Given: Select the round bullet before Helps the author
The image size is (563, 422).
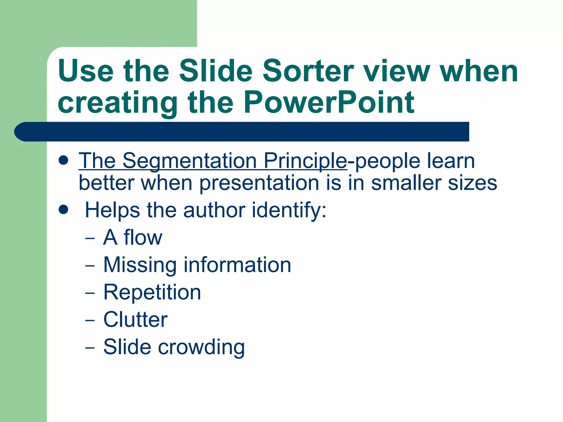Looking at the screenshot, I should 64,209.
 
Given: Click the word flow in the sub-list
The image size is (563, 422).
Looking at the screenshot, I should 143,237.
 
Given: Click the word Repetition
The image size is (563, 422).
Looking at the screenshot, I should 152,292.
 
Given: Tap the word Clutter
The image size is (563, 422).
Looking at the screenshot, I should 135,320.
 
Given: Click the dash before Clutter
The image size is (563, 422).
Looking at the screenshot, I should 90,321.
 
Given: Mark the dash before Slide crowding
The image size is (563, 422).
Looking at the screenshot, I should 90,348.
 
